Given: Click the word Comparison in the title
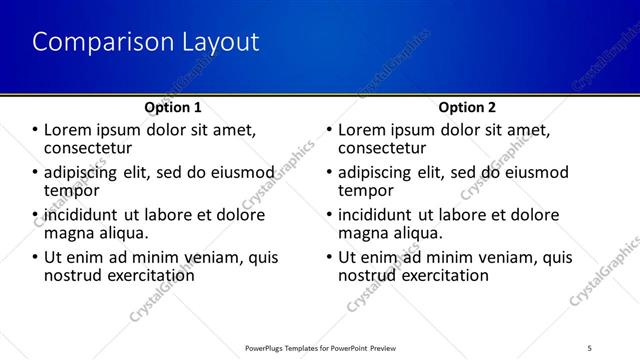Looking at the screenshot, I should click(91, 42).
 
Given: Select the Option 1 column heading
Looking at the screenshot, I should click(173, 107).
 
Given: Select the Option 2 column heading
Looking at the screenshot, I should click(467, 107).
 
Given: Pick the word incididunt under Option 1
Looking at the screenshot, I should click(81, 215).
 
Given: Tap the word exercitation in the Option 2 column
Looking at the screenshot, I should click(446, 274).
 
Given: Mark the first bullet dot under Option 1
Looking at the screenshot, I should click(36, 130).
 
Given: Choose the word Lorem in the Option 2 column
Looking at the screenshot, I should click(363, 130).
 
